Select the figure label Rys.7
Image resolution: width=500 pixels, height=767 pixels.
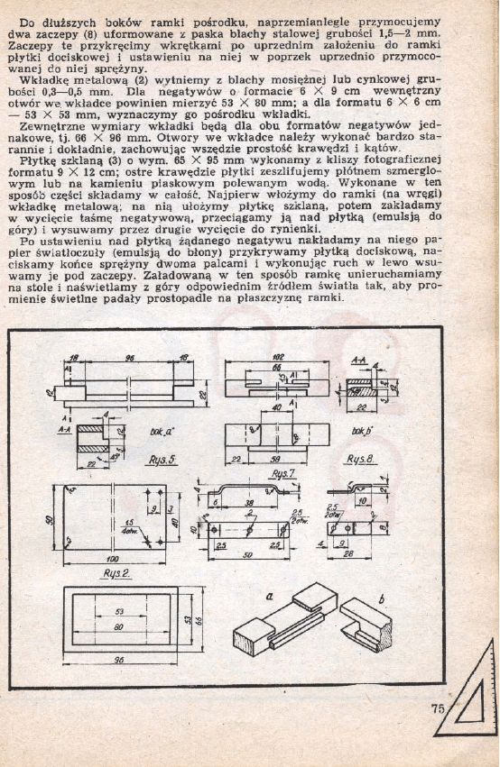click(x=284, y=473)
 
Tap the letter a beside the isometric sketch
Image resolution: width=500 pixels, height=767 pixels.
click(x=271, y=596)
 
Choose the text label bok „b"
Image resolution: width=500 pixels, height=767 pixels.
click(x=363, y=430)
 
